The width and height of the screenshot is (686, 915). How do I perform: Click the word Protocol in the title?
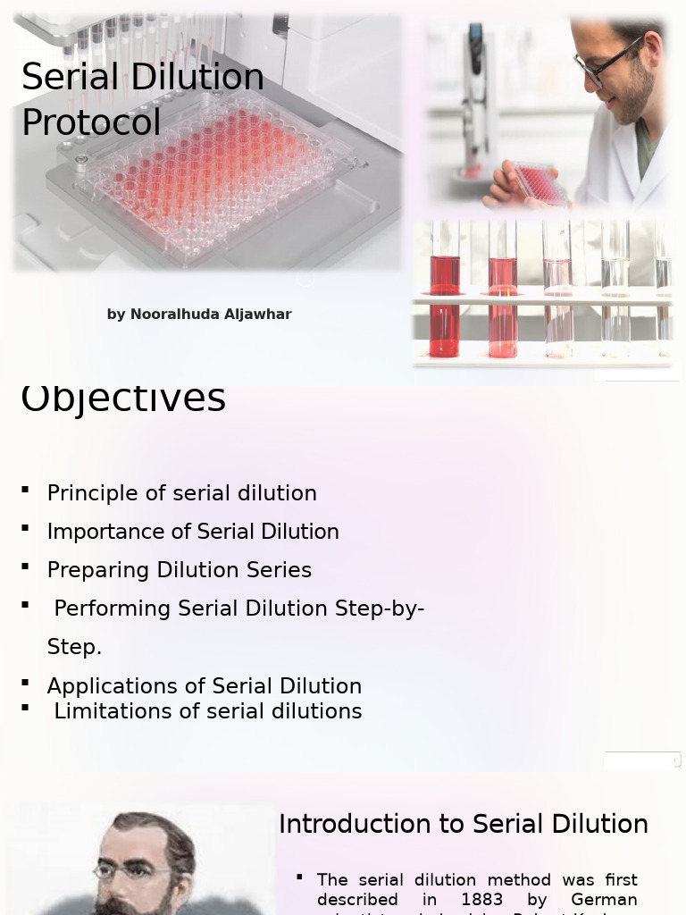tap(91, 122)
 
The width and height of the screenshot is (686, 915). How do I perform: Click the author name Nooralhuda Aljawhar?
tap(211, 315)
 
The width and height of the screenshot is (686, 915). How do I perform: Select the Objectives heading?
tap(123, 399)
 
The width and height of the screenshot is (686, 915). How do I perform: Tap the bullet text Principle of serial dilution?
tap(181, 493)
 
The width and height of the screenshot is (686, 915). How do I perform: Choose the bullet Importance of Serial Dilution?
tap(193, 532)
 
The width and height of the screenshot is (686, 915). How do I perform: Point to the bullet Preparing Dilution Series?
tap(179, 570)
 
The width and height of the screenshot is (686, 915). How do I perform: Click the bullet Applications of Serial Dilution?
tap(204, 686)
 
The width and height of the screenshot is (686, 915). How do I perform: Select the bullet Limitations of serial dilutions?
tap(207, 711)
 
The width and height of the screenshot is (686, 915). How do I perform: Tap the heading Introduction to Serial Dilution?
tap(463, 824)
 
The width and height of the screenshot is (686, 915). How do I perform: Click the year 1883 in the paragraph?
tap(482, 899)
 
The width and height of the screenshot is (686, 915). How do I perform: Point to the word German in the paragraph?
tap(604, 899)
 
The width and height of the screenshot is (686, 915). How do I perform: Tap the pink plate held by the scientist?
tap(539, 182)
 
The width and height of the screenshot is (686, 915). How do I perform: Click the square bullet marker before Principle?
tap(26, 490)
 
